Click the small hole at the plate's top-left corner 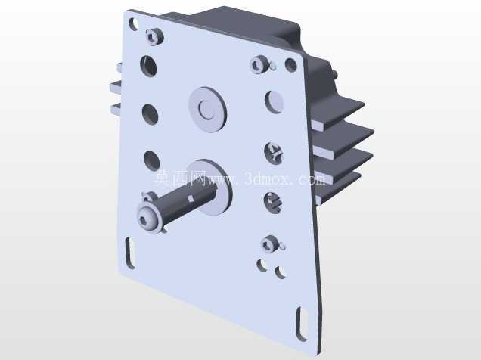tap(134, 24)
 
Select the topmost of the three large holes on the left tap(149, 65)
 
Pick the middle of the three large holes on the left tap(151, 114)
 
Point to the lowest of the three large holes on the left tap(152, 160)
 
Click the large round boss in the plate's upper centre tap(208, 110)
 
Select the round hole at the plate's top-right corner tap(291, 65)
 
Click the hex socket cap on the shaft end tap(148, 219)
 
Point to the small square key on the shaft tap(191, 199)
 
